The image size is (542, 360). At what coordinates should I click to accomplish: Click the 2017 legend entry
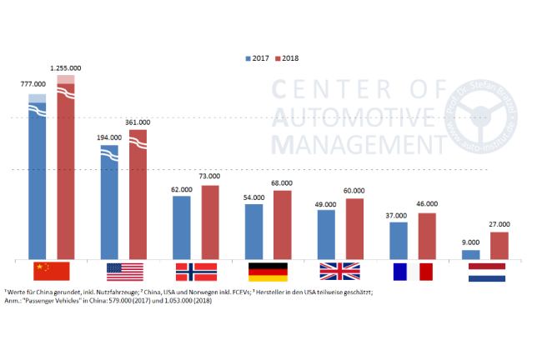pos(258,59)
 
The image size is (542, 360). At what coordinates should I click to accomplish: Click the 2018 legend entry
pos(287,59)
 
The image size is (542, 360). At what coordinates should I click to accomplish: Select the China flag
pos(52,272)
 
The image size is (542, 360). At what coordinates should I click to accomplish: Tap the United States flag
pos(124,272)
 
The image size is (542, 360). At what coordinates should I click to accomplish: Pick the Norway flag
pos(196,272)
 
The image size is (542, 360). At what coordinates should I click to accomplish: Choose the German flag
pos(268,272)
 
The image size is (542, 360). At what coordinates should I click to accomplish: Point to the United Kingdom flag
pos(339,272)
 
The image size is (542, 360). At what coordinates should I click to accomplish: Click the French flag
pos(412,272)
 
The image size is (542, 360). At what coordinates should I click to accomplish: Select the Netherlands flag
pos(486,272)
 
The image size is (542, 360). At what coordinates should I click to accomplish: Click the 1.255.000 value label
pos(65,68)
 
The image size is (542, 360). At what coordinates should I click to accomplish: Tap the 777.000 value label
pos(38,84)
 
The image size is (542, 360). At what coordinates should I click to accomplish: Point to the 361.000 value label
pos(137,122)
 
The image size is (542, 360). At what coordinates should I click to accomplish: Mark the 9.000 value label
pos(471,242)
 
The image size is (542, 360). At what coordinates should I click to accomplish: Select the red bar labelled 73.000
pos(209,222)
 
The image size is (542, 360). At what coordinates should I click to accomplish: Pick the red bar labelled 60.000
pos(354,228)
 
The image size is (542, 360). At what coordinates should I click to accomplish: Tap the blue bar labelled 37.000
pos(399,240)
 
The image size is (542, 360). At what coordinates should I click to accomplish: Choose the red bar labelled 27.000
pos(499,245)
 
